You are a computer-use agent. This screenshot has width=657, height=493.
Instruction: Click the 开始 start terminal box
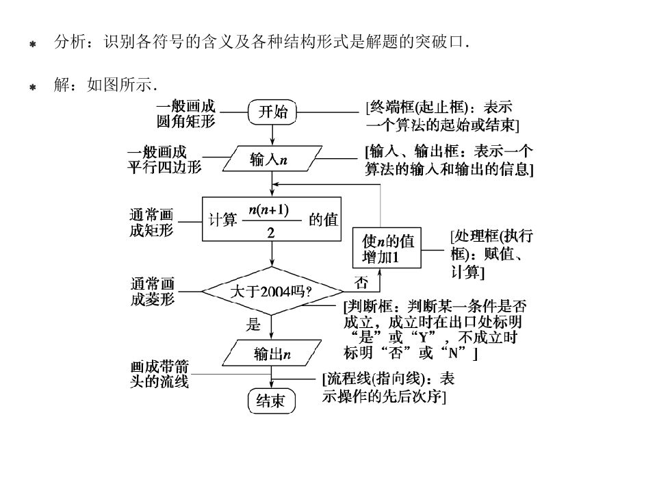pos(272,112)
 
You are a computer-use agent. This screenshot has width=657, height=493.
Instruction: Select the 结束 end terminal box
pos(271,401)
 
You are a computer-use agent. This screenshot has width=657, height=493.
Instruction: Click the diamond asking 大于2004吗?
pos(272,291)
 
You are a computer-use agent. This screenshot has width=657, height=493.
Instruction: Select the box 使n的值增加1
pos(387,249)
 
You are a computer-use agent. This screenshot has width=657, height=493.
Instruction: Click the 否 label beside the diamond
pos(361,282)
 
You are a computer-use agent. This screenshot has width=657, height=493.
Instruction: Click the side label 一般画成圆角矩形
pos(185,114)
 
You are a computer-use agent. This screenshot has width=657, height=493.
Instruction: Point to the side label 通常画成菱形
pos(153,291)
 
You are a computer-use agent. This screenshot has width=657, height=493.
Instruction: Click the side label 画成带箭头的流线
pos(159,374)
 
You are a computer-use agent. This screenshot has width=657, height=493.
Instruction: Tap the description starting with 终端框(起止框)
pos(442,116)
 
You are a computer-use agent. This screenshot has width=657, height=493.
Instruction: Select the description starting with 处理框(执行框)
pos(491,254)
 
